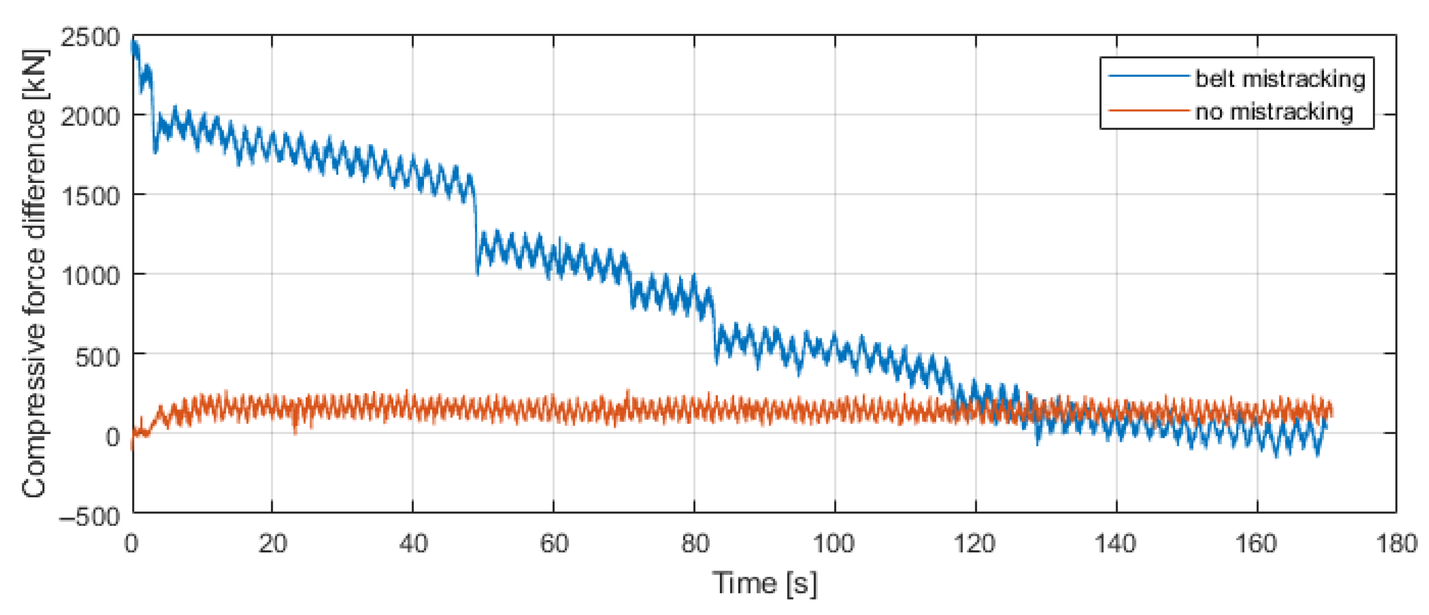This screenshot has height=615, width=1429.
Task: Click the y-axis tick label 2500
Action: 90,38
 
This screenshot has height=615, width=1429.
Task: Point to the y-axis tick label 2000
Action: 90,116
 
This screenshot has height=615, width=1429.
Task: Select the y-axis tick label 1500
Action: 90,196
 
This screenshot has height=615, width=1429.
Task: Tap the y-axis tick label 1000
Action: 90,275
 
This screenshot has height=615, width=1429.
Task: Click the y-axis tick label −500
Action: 90,517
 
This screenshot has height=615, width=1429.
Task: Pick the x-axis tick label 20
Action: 272,543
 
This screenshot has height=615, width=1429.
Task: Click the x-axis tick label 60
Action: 554,543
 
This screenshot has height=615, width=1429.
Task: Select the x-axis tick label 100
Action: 834,543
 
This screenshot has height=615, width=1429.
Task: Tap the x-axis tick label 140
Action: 1116,543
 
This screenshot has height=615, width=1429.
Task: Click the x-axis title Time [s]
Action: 764,583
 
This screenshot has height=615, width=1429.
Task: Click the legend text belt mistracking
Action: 1280,79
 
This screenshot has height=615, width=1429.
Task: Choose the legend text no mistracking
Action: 1274,112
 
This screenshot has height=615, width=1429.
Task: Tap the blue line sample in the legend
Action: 1149,76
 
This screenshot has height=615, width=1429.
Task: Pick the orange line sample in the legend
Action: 1149,110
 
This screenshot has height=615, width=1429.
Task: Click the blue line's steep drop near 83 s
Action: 714,328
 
